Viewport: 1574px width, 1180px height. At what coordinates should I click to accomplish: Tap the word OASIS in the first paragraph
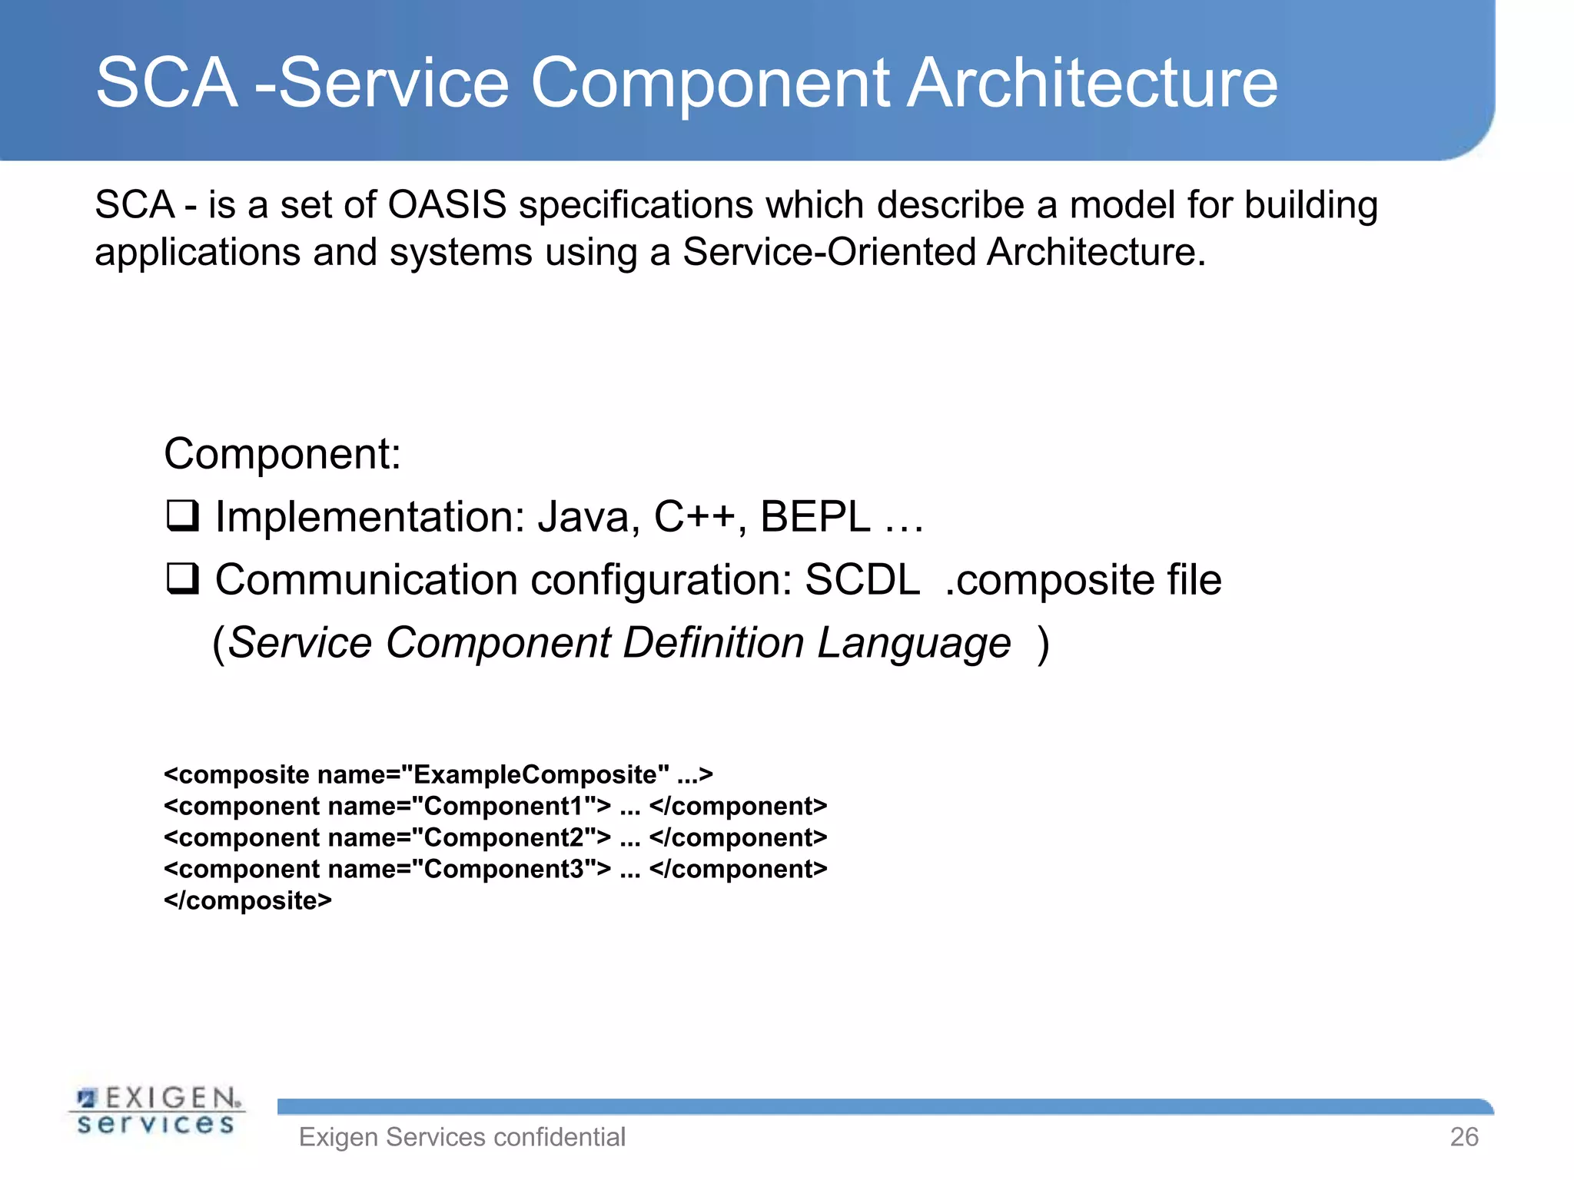447,205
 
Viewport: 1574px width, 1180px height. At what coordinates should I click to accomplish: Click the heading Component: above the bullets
282,453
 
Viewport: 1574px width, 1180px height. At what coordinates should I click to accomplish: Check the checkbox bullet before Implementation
183,515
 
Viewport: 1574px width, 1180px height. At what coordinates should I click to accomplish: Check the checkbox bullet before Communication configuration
183,578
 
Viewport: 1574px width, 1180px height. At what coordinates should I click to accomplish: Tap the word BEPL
815,516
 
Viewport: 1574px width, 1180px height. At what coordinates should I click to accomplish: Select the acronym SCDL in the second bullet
862,579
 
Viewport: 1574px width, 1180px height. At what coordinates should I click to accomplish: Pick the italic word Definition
712,642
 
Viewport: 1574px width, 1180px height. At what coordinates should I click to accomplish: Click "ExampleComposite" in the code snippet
536,774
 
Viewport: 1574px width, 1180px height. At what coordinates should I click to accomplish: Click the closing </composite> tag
247,900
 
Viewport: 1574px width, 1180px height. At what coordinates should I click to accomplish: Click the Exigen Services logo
158,1111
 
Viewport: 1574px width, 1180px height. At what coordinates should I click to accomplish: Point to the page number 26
1463,1137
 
